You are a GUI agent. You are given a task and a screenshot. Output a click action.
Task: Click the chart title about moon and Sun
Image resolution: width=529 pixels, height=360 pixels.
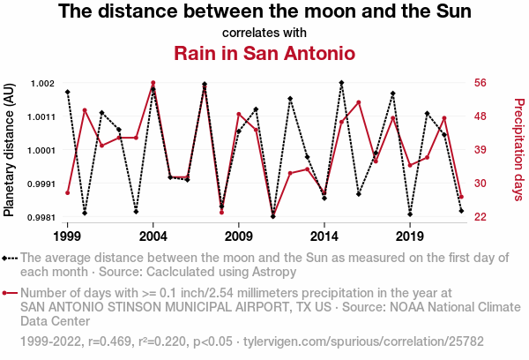click(264, 12)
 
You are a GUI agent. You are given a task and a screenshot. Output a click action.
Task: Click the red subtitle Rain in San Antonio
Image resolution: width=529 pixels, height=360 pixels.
click(264, 53)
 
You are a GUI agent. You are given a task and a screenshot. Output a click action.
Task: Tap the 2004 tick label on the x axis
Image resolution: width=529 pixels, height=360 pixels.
click(153, 236)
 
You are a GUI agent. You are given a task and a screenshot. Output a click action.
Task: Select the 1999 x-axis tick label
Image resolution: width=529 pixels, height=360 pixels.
click(67, 236)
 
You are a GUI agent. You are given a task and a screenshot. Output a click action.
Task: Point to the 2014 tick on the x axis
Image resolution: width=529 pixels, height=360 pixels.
click(324, 236)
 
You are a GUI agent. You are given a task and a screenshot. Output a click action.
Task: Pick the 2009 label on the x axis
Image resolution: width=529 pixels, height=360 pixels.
click(239, 236)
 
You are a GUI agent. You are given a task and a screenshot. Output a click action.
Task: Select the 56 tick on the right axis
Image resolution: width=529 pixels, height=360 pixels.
click(480, 84)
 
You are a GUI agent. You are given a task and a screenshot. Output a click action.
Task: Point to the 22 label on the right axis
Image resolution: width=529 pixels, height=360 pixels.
click(480, 217)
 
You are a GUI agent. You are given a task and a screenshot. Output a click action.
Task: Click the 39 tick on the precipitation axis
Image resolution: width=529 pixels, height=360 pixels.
click(480, 151)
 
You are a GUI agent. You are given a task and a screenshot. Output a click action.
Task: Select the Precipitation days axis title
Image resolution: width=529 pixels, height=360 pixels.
click(518, 150)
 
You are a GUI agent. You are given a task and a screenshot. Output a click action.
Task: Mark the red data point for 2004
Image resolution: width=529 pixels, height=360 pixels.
click(153, 83)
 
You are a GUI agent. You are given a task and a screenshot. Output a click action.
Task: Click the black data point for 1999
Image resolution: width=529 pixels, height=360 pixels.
click(67, 92)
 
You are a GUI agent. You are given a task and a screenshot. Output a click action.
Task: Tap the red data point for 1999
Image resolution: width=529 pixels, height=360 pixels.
click(67, 192)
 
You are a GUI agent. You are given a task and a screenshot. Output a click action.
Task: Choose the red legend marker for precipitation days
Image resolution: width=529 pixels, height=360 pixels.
click(10, 293)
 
